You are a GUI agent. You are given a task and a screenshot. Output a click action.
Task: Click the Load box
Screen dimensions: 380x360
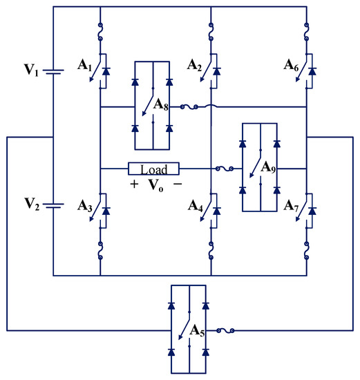(153, 169)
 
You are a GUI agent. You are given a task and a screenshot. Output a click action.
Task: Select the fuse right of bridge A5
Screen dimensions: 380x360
(225, 332)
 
